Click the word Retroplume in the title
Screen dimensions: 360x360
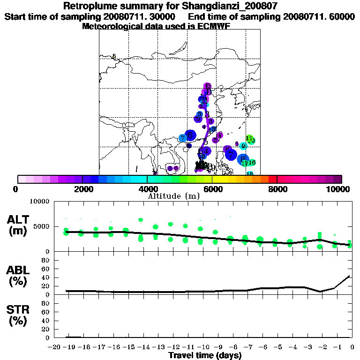point(88,6)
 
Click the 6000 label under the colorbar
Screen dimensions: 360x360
point(213,189)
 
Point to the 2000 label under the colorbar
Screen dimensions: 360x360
point(82,189)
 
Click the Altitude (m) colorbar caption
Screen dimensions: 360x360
point(173,196)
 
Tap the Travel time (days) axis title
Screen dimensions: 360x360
point(205,356)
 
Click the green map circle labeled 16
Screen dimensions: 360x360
point(252,162)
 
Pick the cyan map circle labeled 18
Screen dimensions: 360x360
point(250,173)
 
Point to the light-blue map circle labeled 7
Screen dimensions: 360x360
point(182,138)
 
